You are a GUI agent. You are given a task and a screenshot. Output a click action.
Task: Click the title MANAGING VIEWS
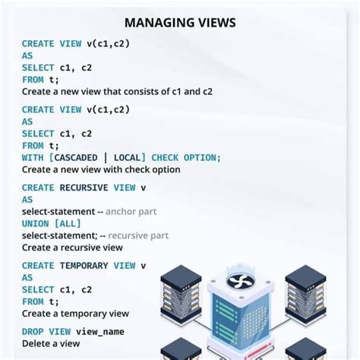(x=180, y=23)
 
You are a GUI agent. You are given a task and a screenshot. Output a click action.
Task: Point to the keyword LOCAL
(x=128, y=157)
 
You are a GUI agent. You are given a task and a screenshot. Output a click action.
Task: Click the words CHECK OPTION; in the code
(x=187, y=157)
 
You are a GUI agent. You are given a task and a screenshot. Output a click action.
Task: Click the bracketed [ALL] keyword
(x=68, y=223)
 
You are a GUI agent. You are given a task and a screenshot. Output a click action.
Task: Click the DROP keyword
(x=33, y=332)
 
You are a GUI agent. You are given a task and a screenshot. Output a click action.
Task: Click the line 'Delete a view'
(x=50, y=343)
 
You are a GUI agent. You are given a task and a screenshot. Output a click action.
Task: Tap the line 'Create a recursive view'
(x=72, y=248)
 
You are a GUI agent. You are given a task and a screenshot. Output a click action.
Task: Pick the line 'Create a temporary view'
(x=75, y=314)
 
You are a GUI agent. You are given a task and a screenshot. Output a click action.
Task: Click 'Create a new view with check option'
(x=100, y=169)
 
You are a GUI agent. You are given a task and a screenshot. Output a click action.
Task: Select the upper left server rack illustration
(x=180, y=292)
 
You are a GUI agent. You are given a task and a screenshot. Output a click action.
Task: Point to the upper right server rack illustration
(x=305, y=292)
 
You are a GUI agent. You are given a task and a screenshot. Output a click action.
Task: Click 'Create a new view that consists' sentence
(x=117, y=91)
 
